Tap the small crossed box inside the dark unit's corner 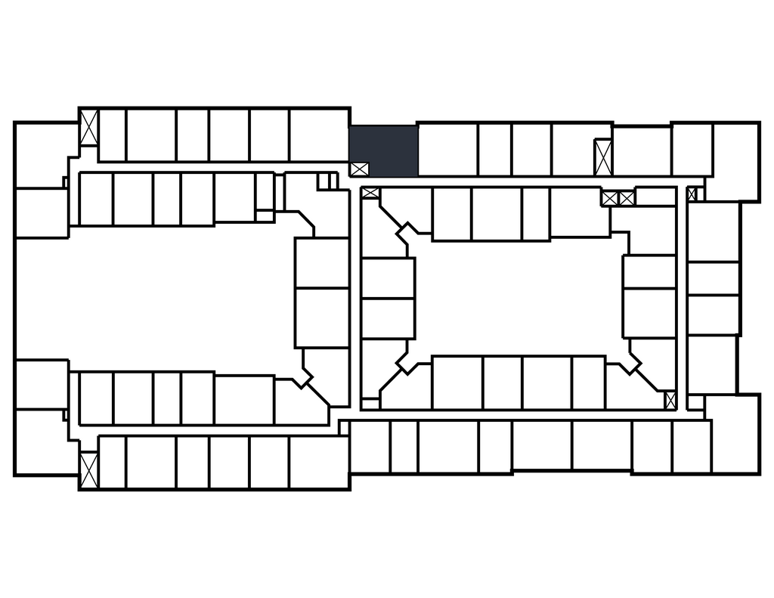(x=358, y=169)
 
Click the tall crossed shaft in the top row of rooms (x=602, y=157)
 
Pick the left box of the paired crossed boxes (x=610, y=198)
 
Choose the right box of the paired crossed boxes (x=627, y=198)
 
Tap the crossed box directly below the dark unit (x=370, y=193)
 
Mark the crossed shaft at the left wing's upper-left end (x=89, y=128)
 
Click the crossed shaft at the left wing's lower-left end (x=89, y=469)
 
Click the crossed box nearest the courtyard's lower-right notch (x=670, y=399)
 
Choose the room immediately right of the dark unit (x=447, y=149)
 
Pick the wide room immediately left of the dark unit (x=318, y=135)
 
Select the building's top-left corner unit (x=45, y=154)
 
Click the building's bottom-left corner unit (x=45, y=442)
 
